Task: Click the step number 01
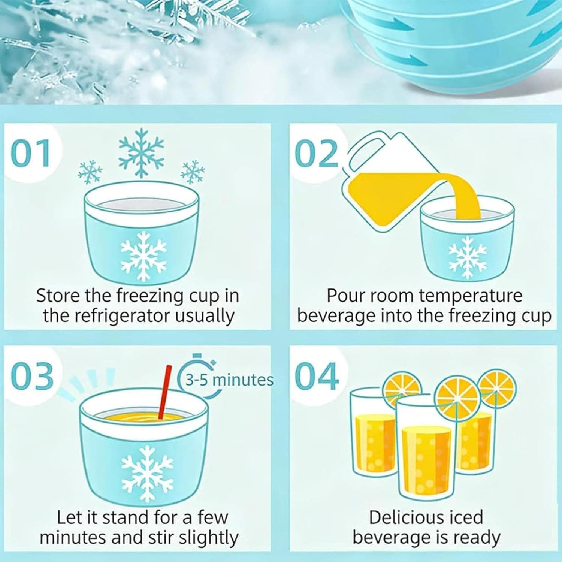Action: [x=30, y=153]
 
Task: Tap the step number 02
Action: [x=317, y=153]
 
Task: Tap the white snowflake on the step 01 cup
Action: [x=143, y=256]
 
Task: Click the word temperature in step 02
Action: [x=471, y=296]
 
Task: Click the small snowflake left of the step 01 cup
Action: [x=90, y=172]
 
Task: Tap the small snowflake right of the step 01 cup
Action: [x=193, y=172]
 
